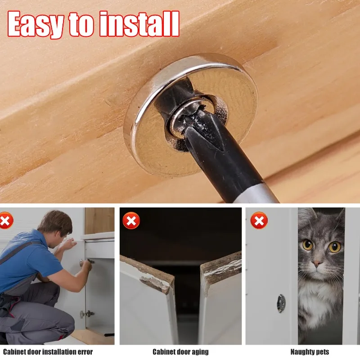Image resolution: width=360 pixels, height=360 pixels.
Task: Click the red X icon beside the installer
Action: pos(5,220)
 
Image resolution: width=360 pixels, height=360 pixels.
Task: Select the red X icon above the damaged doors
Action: pos(131,220)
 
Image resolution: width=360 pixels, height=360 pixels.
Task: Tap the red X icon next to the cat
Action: pos(259,220)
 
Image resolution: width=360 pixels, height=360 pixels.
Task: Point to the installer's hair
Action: pos(56,220)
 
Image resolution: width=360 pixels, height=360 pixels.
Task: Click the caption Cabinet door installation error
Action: pos(48,351)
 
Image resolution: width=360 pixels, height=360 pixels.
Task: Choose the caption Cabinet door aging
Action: pos(180,351)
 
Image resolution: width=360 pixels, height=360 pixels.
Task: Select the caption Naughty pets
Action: pos(310,351)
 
